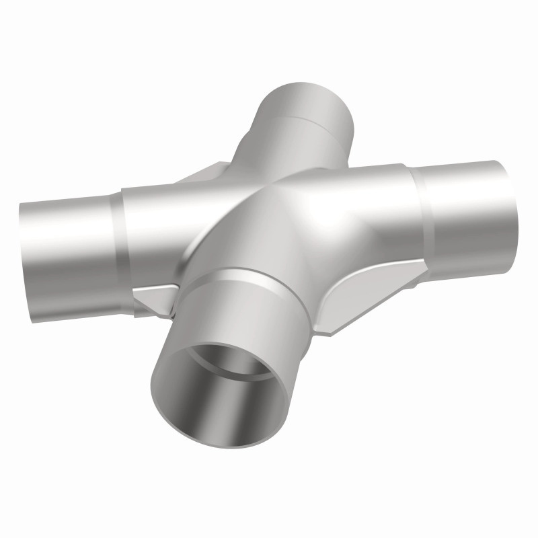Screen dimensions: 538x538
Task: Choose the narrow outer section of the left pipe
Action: (67, 242)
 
